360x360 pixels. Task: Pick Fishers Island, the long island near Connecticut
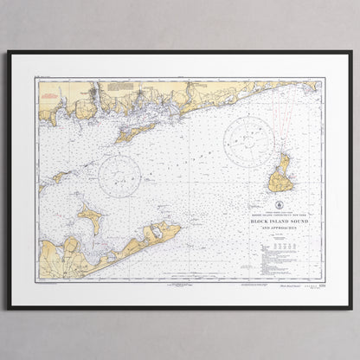[135, 132]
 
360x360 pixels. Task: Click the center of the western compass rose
[119, 175]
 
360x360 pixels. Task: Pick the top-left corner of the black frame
[10, 52]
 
